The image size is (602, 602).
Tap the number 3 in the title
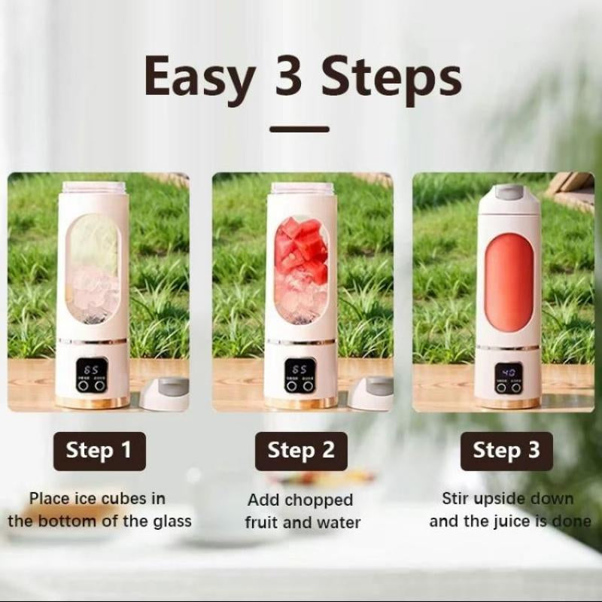288,77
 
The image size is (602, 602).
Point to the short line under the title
299,129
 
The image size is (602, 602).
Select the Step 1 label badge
99,451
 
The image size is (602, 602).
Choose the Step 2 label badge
301,451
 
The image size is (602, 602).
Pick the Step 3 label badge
506,451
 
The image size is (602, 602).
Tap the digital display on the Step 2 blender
299,370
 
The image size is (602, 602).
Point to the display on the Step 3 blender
509,372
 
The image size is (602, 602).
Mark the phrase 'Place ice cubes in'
98,498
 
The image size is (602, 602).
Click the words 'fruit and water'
303,522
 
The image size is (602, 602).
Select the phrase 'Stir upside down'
507,498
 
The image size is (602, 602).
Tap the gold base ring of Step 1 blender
93,403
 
